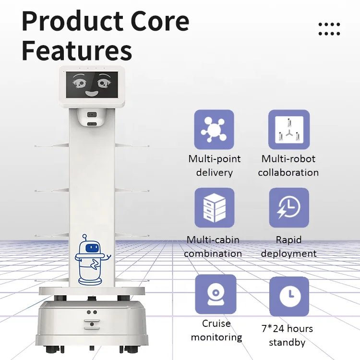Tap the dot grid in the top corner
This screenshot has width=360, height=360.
tap(329, 29)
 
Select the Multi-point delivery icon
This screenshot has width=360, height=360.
tap(214, 130)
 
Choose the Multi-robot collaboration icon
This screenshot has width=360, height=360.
tap(288, 130)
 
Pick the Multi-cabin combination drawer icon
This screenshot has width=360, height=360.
tap(214, 207)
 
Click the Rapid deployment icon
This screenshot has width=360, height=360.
tap(288, 207)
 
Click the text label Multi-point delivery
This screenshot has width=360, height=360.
tap(214, 165)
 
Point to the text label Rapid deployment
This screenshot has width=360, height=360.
tap(288, 246)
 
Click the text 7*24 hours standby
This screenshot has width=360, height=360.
tap(287, 336)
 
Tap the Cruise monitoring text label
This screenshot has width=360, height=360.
tap(216, 330)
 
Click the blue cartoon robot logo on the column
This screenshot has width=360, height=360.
tap(92, 259)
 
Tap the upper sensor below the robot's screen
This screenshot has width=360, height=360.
tap(93, 115)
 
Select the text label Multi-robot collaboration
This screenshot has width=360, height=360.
tap(288, 165)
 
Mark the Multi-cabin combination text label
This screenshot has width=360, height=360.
tap(213, 246)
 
